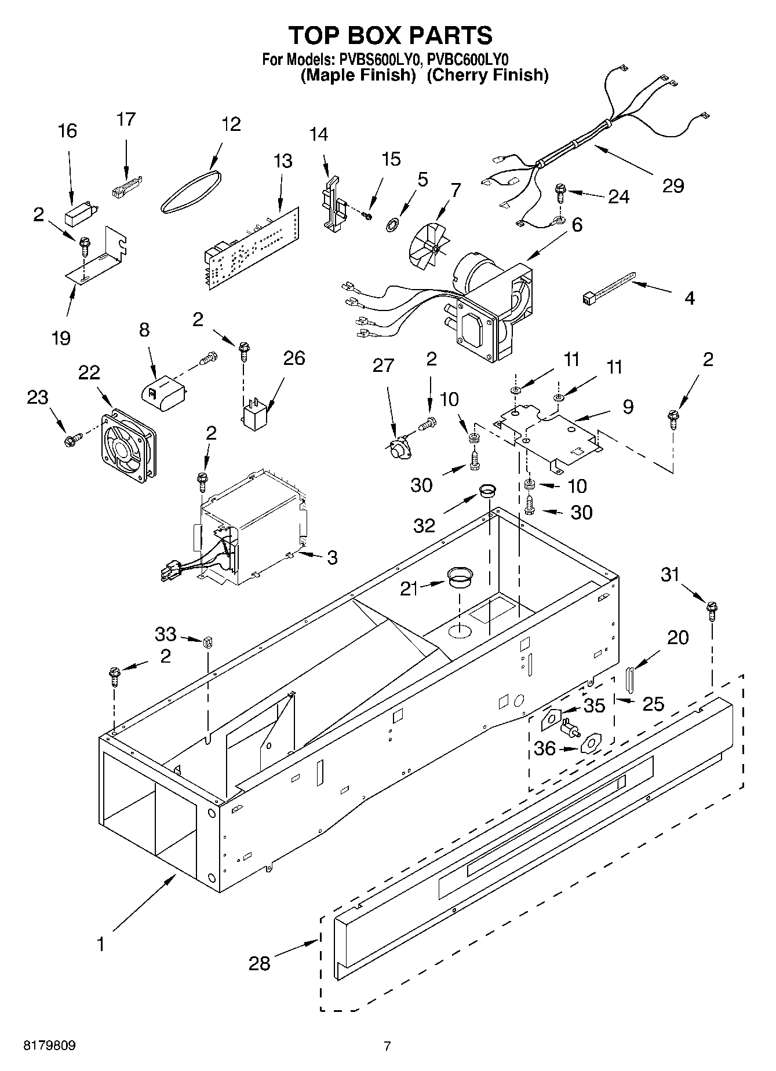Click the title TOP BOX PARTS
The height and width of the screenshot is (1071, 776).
coord(391,35)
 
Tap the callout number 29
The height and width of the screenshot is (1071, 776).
coord(673,186)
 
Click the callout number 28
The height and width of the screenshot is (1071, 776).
coord(260,963)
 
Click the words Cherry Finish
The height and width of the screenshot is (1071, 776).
coord(487,75)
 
